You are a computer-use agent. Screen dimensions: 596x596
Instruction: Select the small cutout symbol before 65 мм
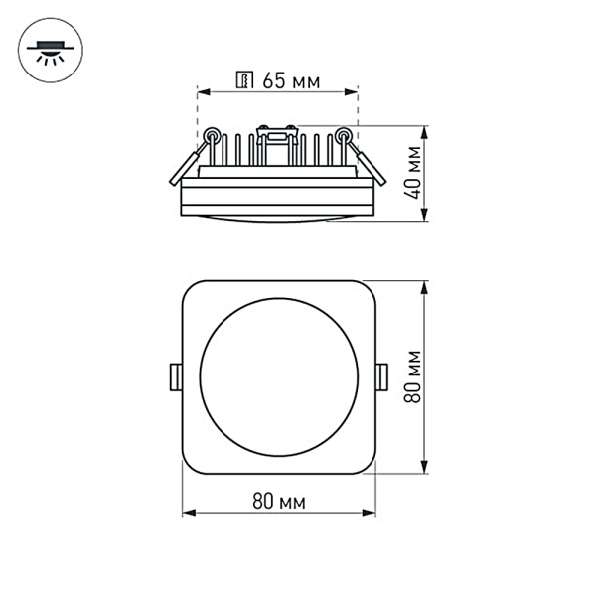point(244,81)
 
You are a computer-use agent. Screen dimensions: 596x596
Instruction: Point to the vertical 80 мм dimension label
point(414,375)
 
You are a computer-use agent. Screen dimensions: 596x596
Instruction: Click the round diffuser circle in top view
point(278,375)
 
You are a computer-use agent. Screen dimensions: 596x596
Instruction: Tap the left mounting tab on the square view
point(175,375)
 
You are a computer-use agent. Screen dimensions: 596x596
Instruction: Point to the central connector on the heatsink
point(278,134)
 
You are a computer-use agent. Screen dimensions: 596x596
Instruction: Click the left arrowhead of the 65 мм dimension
point(203,92)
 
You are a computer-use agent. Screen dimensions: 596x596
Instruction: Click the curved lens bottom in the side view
point(278,218)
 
